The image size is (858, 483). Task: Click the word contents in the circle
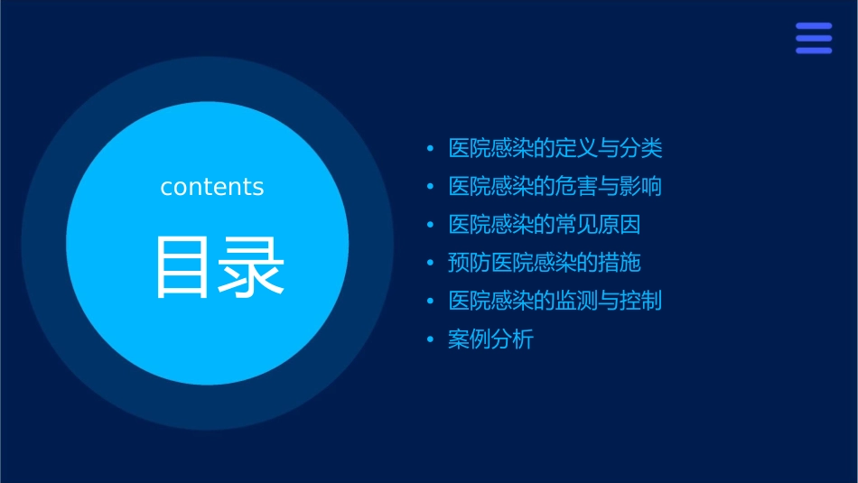click(x=212, y=187)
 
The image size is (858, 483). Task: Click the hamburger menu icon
click(x=814, y=38)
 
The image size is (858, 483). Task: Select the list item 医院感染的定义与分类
click(x=555, y=148)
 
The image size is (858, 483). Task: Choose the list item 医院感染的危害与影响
click(x=555, y=187)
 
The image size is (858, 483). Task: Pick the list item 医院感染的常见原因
click(x=544, y=225)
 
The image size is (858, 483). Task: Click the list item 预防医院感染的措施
click(x=544, y=263)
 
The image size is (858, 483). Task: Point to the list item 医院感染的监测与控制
click(x=555, y=301)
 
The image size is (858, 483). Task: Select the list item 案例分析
click(x=490, y=339)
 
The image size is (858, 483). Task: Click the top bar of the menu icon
click(x=814, y=26)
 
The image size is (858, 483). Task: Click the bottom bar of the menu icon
click(x=814, y=50)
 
